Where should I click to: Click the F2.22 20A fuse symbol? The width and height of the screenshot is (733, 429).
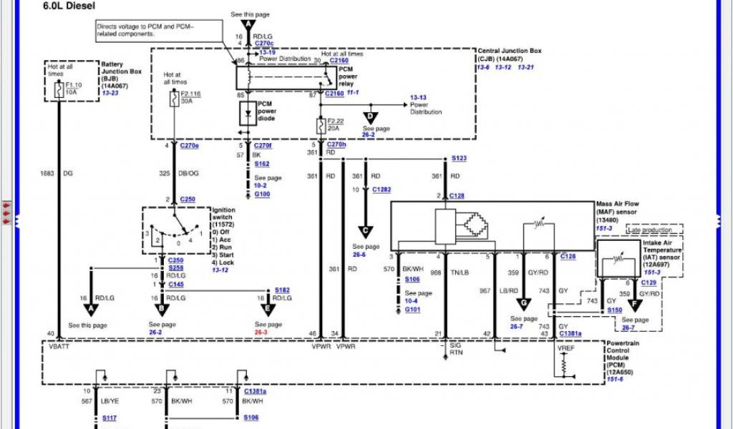[320, 125]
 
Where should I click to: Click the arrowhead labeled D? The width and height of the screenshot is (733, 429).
[370, 117]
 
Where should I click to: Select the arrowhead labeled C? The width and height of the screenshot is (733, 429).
[366, 230]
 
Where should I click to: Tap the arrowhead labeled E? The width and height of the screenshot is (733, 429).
[268, 308]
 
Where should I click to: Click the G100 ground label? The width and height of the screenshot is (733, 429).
[262, 194]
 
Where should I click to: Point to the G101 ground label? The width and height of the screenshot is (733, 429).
[412, 310]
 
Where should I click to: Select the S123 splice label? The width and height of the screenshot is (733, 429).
[459, 158]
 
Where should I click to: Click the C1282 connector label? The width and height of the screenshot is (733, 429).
[382, 190]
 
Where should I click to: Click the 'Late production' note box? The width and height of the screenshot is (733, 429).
[654, 230]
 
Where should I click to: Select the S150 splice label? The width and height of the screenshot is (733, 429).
[614, 310]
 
